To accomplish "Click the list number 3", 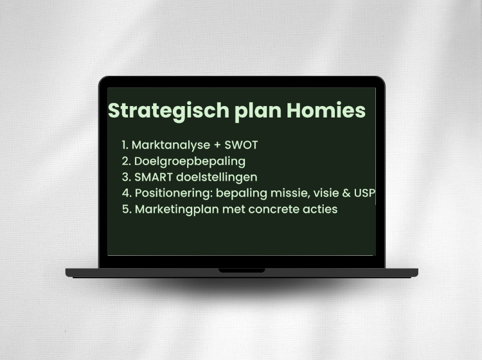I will pyautogui.click(x=125, y=177).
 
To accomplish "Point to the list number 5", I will pyautogui.click(x=125, y=209).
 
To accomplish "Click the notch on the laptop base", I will pyautogui.click(x=242, y=271).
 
